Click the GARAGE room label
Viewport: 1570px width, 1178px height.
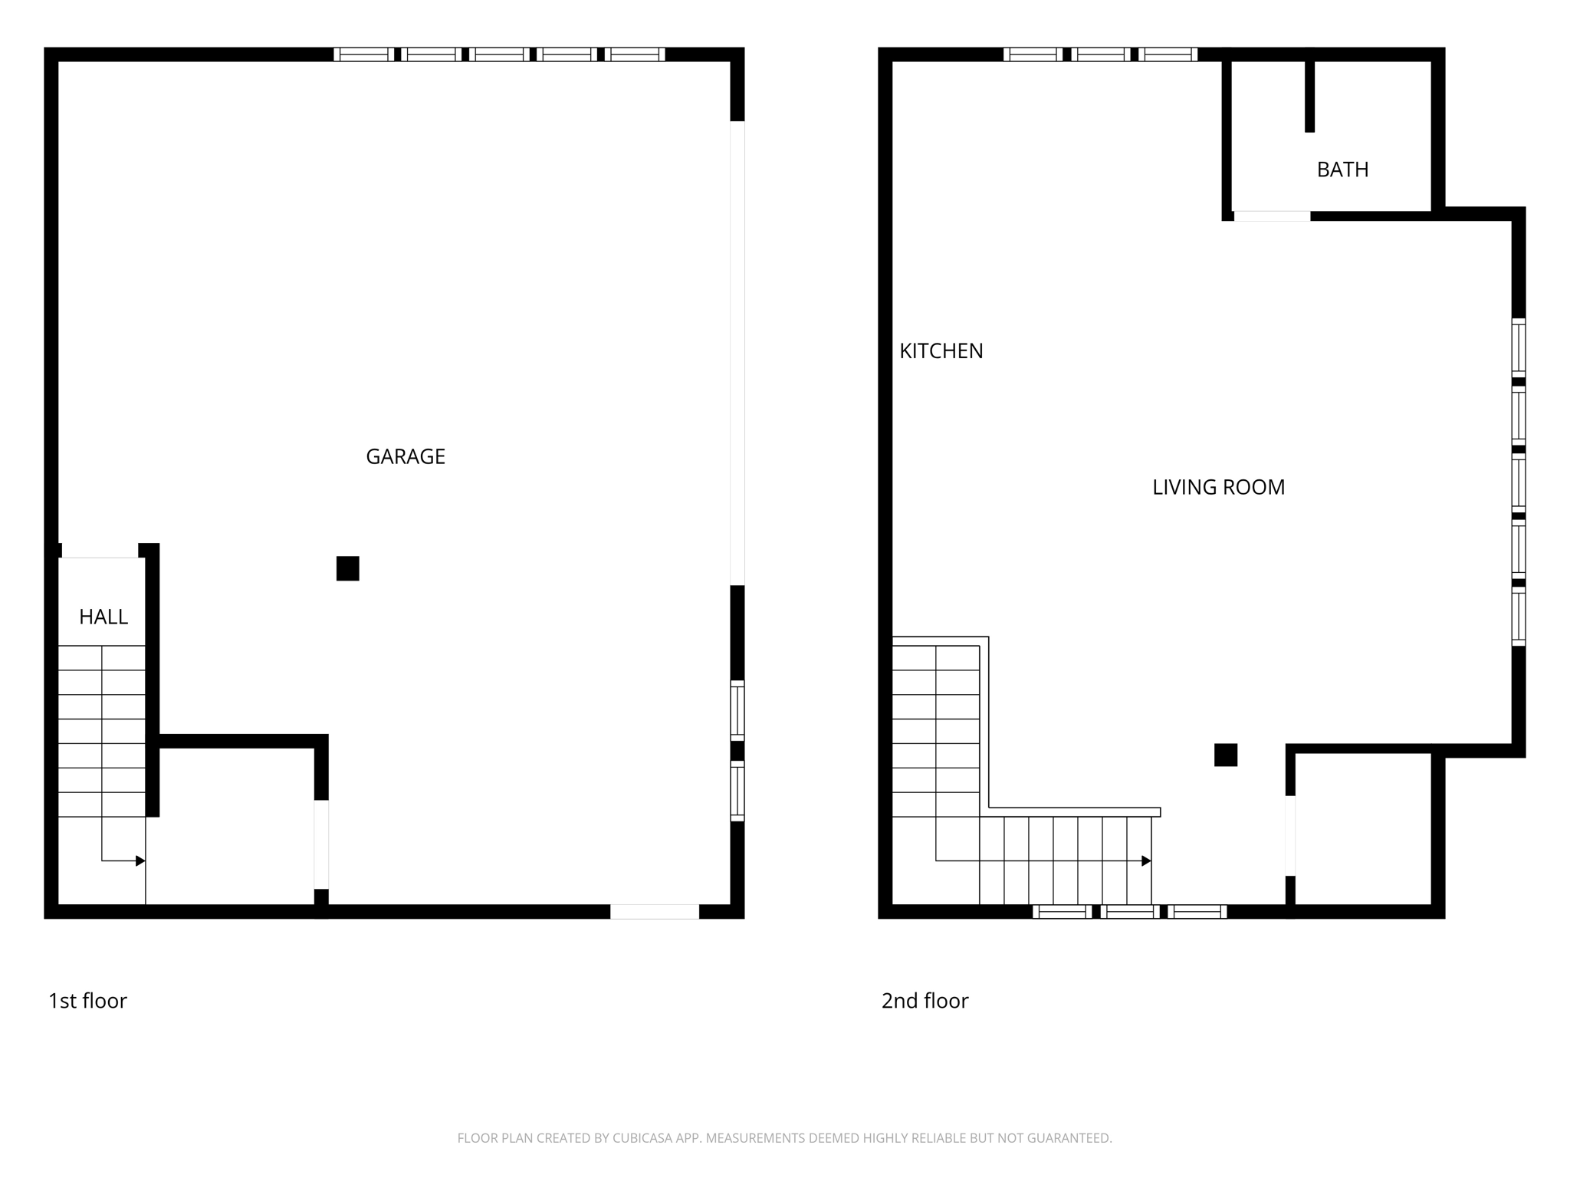pyautogui.click(x=406, y=456)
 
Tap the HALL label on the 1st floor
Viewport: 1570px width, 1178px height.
pyautogui.click(x=103, y=617)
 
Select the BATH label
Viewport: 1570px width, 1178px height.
pyautogui.click(x=1342, y=169)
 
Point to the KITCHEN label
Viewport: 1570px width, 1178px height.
pyautogui.click(x=941, y=350)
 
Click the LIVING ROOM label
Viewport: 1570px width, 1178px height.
pyautogui.click(x=1218, y=487)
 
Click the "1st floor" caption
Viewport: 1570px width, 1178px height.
pyautogui.click(x=87, y=1001)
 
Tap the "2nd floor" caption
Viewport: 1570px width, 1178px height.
pyautogui.click(x=925, y=1001)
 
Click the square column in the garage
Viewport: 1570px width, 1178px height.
pyautogui.click(x=347, y=568)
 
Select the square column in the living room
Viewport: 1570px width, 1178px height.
pyautogui.click(x=1225, y=755)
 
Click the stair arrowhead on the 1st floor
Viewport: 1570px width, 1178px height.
pyautogui.click(x=140, y=861)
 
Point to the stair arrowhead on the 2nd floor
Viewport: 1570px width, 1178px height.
pyautogui.click(x=1146, y=861)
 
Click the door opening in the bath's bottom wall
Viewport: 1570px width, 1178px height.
pyautogui.click(x=1272, y=216)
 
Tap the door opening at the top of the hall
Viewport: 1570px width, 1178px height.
pyautogui.click(x=100, y=551)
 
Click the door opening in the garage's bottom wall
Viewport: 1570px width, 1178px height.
pyautogui.click(x=655, y=911)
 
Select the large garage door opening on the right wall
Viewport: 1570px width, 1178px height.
pyautogui.click(x=737, y=353)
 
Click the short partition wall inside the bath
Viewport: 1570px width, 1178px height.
pyautogui.click(x=1309, y=96)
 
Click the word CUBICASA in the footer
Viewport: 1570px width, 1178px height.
pyautogui.click(x=642, y=1138)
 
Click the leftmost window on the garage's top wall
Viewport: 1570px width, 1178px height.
pyautogui.click(x=363, y=54)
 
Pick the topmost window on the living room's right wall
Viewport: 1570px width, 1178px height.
pyautogui.click(x=1518, y=347)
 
